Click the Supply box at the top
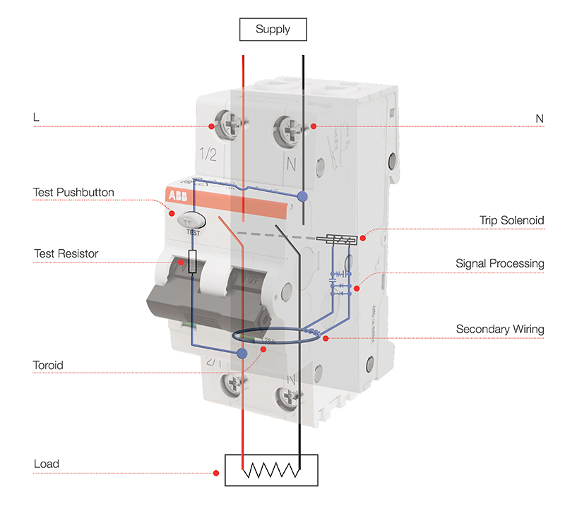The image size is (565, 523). (273, 30)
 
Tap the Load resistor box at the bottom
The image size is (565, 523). (271, 470)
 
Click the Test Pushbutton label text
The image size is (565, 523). (73, 192)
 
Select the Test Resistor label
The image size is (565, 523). (66, 253)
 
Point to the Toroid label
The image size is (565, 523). (48, 366)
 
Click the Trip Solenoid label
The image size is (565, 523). (512, 220)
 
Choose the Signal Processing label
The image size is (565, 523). (500, 264)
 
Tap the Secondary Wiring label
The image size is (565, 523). (500, 329)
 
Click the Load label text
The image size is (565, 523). (47, 464)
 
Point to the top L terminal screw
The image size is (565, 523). (229, 126)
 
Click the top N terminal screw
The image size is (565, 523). (291, 128)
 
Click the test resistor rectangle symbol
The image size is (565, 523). (193, 262)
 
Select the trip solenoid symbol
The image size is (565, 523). (338, 240)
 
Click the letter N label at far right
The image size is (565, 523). (540, 119)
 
